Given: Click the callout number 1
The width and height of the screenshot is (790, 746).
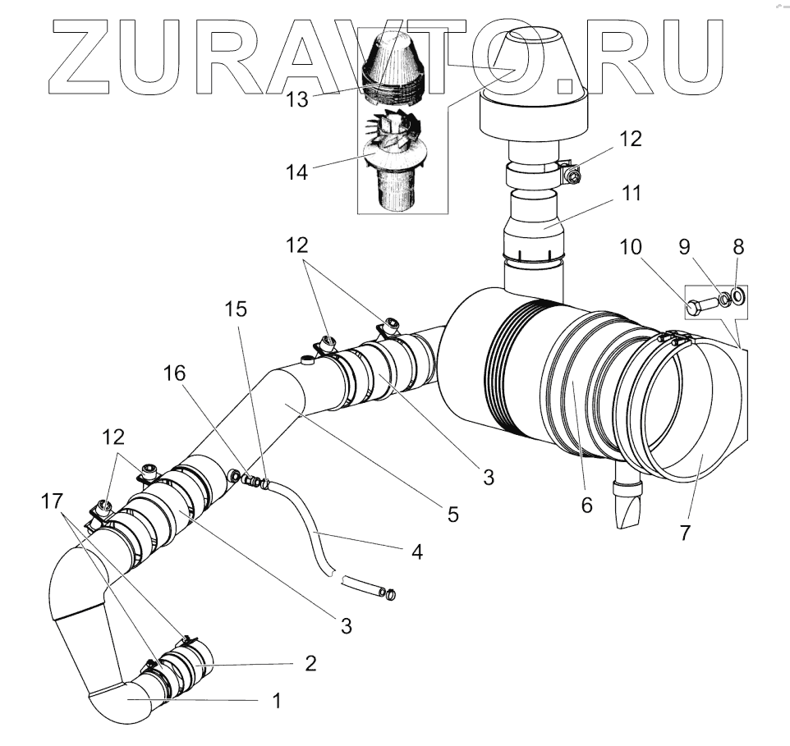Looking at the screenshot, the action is pyautogui.click(x=278, y=700).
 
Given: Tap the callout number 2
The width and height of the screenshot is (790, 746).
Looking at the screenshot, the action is pyautogui.click(x=310, y=662).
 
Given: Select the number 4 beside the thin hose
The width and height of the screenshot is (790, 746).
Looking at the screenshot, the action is pyautogui.click(x=417, y=551).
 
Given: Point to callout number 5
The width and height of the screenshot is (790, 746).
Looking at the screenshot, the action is pyautogui.click(x=452, y=515).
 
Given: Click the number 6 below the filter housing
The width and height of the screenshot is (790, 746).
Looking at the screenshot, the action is pyautogui.click(x=586, y=504).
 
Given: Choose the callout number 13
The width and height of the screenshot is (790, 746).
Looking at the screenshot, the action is pyautogui.click(x=298, y=99).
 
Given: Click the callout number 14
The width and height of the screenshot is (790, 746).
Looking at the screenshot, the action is pyautogui.click(x=297, y=172).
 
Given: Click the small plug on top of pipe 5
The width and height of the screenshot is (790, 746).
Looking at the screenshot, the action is pyautogui.click(x=308, y=358).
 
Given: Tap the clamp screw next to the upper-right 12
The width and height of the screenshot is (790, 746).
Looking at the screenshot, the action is pyautogui.click(x=574, y=175).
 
